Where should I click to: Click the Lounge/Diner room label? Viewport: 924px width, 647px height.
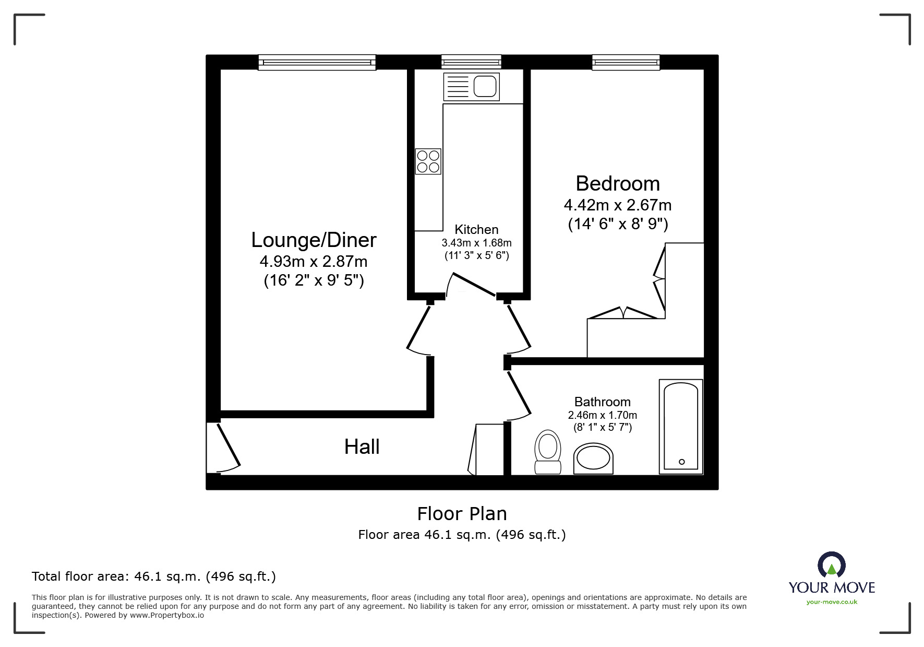coord(314,240)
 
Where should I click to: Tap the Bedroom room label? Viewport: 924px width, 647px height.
coord(618,184)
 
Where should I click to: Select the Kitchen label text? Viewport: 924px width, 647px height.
coord(476,230)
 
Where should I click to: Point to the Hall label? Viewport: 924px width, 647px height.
coord(362,447)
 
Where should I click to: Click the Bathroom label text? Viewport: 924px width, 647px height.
coord(603,402)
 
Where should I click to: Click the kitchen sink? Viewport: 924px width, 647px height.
coord(472,87)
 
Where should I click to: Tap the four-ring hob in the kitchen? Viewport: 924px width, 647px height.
coord(428,161)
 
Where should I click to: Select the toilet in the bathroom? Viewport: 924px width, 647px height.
coord(548,452)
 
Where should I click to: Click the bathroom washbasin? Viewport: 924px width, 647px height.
coord(593,459)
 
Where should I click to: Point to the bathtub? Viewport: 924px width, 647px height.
coord(681,427)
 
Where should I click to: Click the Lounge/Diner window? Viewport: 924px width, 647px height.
coord(317,63)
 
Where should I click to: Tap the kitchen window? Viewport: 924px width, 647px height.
coord(471,63)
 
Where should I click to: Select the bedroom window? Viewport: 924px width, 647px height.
coord(626,63)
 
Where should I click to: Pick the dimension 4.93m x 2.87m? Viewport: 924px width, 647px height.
coord(314,261)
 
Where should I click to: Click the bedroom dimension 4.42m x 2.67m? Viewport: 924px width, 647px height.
coord(618,205)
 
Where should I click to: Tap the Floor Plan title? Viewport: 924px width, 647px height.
coord(462,514)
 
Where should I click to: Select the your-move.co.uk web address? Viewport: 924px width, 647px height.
coord(832,602)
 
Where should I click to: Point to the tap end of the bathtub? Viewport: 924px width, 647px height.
coord(681,462)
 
